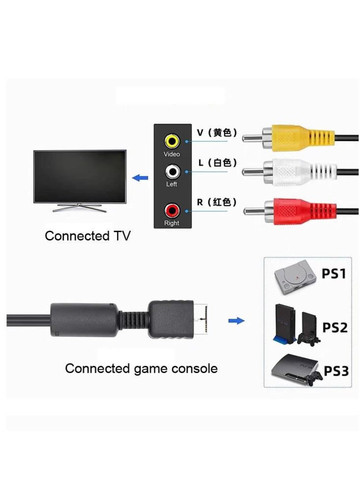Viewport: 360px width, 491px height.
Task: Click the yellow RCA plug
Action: point(295,137)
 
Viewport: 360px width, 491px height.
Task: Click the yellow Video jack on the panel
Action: point(172,141)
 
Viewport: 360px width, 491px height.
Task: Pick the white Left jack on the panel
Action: point(172,171)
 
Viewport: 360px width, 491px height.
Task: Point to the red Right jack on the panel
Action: point(172,211)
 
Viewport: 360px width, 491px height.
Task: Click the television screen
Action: point(80,176)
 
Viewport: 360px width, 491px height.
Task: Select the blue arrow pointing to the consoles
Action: point(237,321)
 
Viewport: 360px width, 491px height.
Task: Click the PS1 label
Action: point(334,273)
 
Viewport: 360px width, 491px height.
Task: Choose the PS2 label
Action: point(335,327)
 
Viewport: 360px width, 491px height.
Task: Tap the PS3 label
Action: point(336,371)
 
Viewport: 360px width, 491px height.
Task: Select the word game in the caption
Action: point(148,368)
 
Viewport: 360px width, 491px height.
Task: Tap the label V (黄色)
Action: point(217,133)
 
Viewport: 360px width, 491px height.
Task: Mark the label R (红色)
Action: point(217,202)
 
